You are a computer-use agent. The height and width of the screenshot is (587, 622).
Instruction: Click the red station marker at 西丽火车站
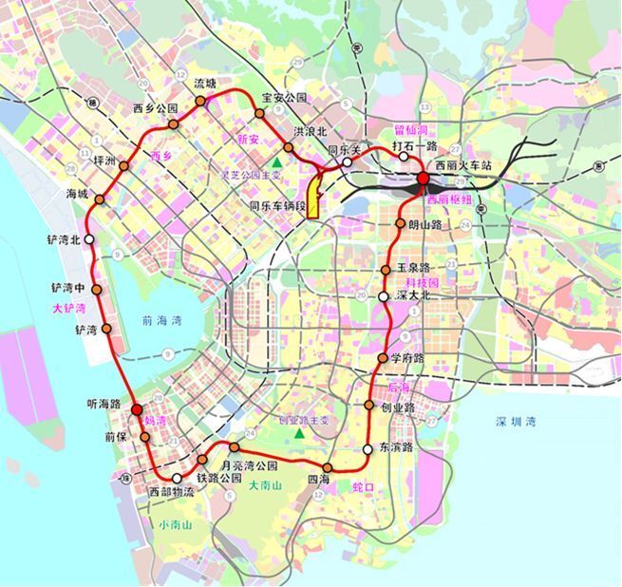click(x=423, y=179)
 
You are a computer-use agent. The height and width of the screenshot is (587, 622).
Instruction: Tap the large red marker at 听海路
click(x=137, y=410)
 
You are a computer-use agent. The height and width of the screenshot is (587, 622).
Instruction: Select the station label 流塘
click(x=205, y=84)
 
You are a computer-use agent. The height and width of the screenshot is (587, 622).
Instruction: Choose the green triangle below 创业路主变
click(x=299, y=433)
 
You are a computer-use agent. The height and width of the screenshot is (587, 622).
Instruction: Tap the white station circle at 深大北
click(x=383, y=296)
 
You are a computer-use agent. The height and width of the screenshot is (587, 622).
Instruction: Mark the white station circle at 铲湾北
click(x=89, y=239)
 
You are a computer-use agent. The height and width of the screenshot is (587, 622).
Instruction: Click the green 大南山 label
click(x=265, y=485)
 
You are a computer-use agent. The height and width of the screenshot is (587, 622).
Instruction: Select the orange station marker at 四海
click(x=327, y=467)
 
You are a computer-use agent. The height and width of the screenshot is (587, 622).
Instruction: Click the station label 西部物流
click(x=172, y=492)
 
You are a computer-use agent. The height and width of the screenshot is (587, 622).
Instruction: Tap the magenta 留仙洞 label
click(x=412, y=128)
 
